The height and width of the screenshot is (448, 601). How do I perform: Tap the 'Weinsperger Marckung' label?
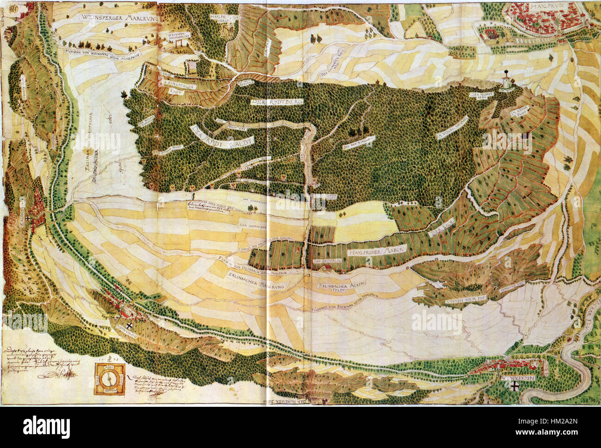tap(119, 19)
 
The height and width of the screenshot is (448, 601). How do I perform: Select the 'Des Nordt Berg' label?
tap(478, 95)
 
